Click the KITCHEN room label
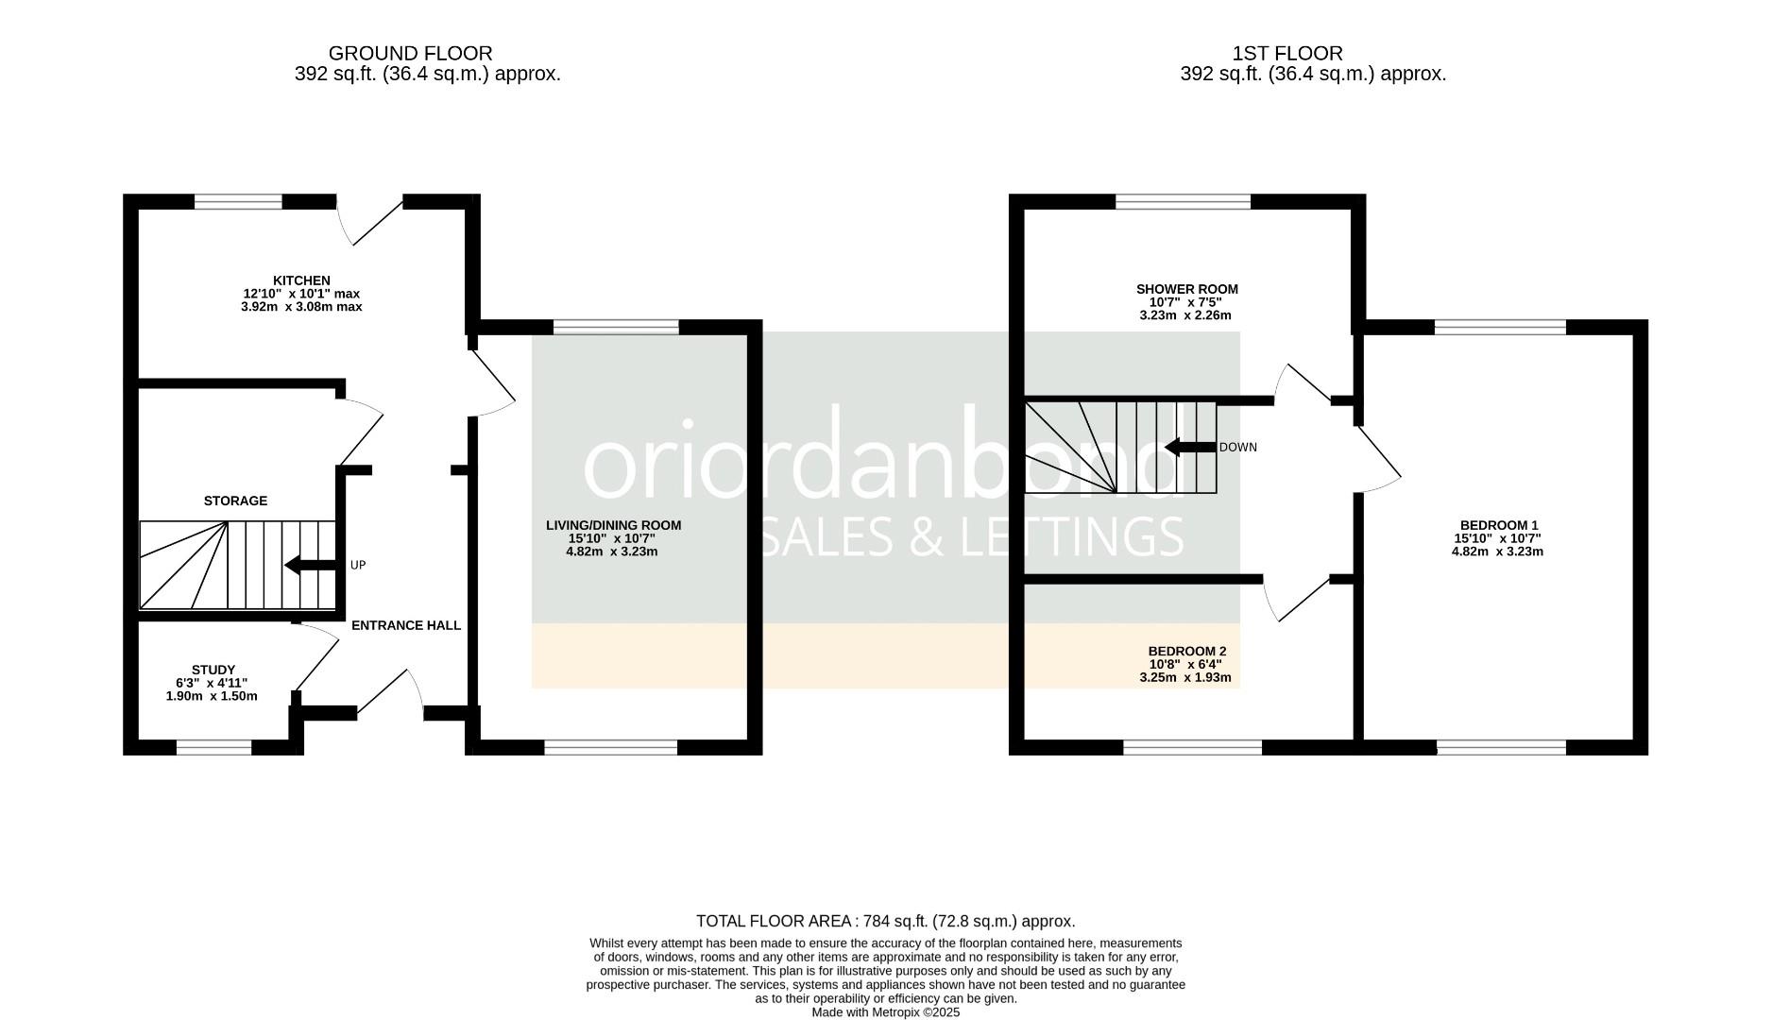point(301,280)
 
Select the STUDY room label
point(213,670)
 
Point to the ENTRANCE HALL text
point(406,625)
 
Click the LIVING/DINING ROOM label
point(613,525)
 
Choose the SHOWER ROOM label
point(1186,289)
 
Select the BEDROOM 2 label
point(1186,651)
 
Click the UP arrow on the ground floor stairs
point(310,566)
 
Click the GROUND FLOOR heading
point(410,54)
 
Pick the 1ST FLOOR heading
point(1287,54)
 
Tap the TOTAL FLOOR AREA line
point(885,921)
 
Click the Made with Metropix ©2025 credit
point(885,1011)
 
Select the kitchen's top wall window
point(238,201)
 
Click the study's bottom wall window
point(213,748)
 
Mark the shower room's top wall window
point(1183,201)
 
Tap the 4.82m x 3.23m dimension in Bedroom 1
point(1497,552)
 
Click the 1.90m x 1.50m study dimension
point(212,696)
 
